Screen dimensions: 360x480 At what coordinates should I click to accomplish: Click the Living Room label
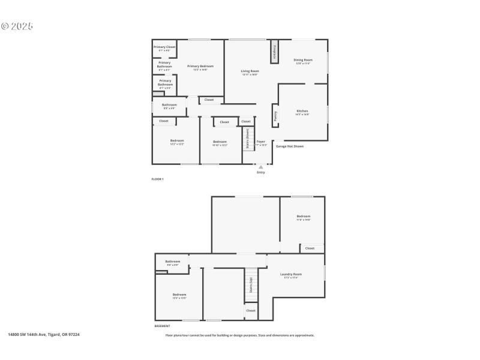tap(250, 73)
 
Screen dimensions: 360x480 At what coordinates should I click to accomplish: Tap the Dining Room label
tap(303, 61)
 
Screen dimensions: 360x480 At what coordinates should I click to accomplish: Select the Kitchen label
tap(302, 112)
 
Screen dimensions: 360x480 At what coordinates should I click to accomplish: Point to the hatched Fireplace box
tap(275, 51)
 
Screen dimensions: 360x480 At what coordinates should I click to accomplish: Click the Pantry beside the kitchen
tap(275, 115)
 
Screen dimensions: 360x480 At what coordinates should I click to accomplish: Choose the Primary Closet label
tap(164, 48)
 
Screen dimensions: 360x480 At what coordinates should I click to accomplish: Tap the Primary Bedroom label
tap(200, 67)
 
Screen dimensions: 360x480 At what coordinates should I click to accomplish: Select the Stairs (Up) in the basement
tap(251, 285)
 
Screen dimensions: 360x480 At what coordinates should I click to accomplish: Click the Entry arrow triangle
tap(261, 167)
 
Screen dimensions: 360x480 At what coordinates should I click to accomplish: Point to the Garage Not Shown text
tap(290, 146)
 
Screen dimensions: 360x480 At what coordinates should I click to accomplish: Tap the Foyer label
tap(261, 143)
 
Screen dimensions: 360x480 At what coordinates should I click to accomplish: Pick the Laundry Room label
tap(291, 275)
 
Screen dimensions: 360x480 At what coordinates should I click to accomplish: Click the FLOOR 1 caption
tap(157, 179)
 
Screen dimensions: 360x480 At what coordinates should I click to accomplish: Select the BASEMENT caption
tap(162, 326)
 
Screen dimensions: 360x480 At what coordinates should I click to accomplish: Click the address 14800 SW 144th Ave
tap(43, 335)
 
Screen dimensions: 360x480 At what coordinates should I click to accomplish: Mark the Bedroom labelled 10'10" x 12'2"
tap(220, 143)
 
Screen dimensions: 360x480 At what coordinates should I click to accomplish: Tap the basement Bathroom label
tap(173, 262)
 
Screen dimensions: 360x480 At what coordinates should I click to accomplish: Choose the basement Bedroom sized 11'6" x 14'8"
tap(303, 217)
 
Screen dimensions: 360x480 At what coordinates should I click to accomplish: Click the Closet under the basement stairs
tap(251, 311)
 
